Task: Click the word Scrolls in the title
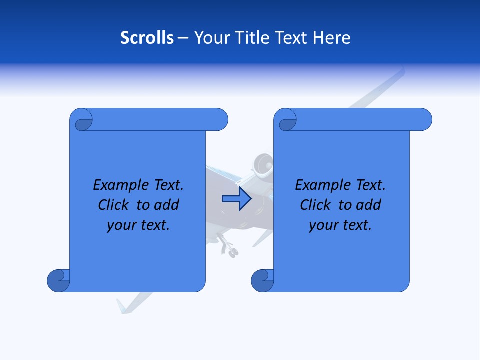[x=147, y=38]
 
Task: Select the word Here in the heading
[x=332, y=38]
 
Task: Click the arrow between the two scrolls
[x=237, y=199]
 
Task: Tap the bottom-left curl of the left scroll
[x=59, y=280]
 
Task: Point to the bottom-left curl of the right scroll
[x=263, y=280]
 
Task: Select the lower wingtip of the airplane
[x=123, y=306]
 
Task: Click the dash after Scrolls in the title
[x=183, y=38]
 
